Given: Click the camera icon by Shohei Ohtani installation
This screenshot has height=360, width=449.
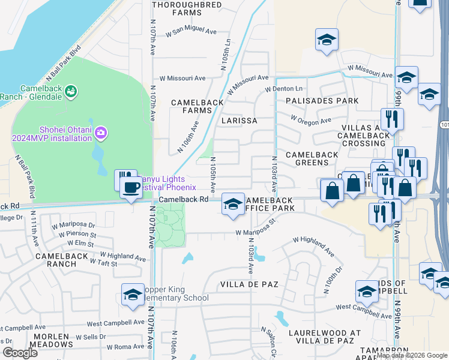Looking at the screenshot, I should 101,131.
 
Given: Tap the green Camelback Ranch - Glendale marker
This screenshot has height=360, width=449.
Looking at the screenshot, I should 71,91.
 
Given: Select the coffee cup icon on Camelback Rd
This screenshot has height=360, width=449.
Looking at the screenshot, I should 130,187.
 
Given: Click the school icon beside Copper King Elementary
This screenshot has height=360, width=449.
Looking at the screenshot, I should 133,295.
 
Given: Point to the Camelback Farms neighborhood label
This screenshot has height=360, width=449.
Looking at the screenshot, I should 197,106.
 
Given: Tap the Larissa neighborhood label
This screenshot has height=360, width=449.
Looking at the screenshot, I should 239,121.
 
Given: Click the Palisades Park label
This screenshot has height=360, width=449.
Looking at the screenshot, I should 322,101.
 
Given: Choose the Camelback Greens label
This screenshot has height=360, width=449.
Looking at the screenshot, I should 312,158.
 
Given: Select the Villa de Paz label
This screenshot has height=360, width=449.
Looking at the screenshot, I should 249,284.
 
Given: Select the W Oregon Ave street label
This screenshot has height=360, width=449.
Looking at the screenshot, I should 311,121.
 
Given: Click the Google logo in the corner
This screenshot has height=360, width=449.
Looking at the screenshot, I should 20,353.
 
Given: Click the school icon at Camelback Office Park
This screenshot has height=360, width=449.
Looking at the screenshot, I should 233,204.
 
